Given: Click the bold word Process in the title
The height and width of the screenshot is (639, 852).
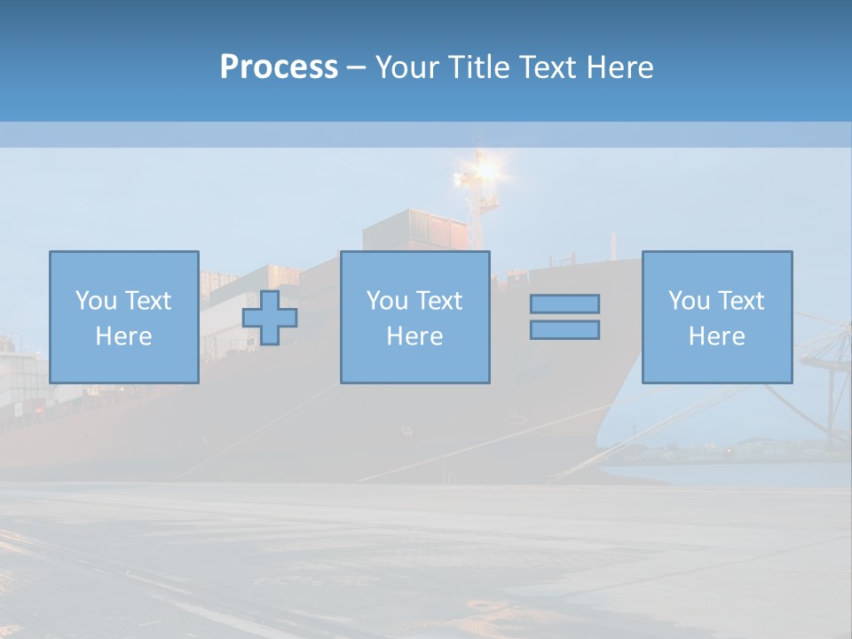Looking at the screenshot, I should (x=279, y=67).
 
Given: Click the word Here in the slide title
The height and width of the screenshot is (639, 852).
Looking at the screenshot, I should (x=624, y=67).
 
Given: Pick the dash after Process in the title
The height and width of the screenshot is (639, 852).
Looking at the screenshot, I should (x=357, y=68).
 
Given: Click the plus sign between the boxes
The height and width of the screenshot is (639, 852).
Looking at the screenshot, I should (x=270, y=318).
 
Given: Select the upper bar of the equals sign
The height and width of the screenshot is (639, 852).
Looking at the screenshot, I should (x=564, y=304).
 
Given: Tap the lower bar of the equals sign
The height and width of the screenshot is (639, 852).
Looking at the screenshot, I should (x=564, y=330).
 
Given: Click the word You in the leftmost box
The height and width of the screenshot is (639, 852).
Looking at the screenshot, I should (x=96, y=301).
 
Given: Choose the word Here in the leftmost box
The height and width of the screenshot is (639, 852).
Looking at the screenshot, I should (x=123, y=336).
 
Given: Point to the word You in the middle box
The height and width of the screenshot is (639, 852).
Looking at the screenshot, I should (x=387, y=301).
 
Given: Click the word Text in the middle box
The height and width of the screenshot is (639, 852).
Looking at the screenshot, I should (x=438, y=301).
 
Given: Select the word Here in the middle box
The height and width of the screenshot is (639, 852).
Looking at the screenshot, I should (x=414, y=336).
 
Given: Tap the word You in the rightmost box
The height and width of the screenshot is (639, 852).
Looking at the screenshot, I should (x=689, y=301).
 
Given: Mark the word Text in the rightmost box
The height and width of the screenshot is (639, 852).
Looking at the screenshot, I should (x=740, y=301).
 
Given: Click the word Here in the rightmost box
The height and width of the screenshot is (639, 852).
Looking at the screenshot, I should (x=716, y=336).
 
